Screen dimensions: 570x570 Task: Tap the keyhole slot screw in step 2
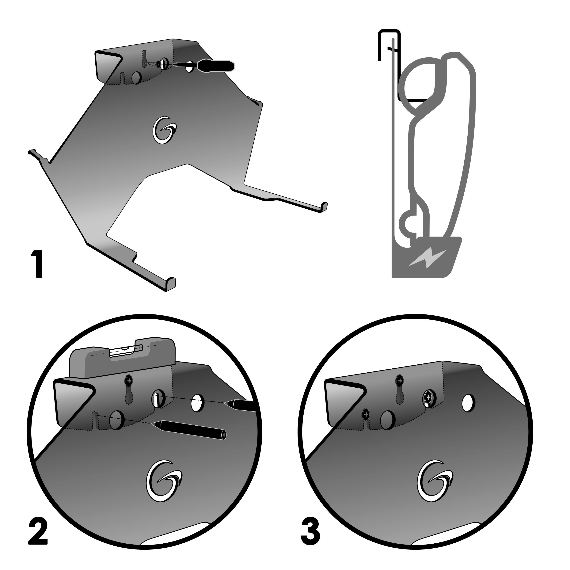coord(129,381)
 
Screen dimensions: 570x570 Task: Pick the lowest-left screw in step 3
coord(366,415)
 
